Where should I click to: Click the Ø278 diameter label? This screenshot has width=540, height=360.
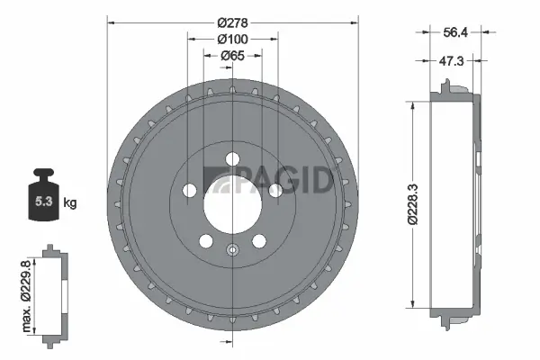(232, 22)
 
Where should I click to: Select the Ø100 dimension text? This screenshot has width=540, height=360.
(232, 39)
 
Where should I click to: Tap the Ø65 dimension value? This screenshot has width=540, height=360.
(232, 56)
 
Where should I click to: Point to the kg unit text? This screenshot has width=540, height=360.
(70, 202)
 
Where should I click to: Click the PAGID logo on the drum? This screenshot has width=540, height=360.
(270, 179)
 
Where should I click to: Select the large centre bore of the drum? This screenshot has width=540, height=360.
(232, 197)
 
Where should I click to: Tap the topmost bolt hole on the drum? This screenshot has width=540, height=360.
(232, 159)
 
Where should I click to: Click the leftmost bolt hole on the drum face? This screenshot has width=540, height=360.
(190, 191)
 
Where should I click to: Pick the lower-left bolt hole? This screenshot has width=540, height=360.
(206, 240)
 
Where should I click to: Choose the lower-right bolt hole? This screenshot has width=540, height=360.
(259, 240)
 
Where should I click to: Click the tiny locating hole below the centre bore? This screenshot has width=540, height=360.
(232, 251)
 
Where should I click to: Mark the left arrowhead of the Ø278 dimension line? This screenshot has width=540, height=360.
(110, 22)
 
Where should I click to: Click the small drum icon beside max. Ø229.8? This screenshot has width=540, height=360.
(57, 292)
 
